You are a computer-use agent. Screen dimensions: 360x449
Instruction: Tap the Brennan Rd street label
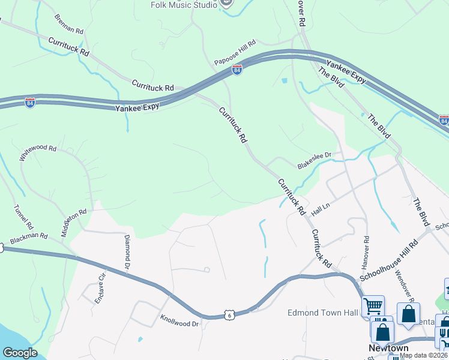pyautogui.click(x=68, y=24)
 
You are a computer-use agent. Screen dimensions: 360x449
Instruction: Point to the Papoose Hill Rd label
pyautogui.click(x=235, y=53)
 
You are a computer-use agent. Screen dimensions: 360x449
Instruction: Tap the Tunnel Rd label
pyautogui.click(x=21, y=220)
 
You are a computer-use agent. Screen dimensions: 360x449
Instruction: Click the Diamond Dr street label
pyautogui.click(x=127, y=251)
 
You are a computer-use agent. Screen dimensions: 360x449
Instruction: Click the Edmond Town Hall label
pyautogui.click(x=323, y=313)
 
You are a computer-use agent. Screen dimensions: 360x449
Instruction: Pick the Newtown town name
pyautogui.click(x=388, y=349)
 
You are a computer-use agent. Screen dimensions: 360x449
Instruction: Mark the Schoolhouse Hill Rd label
pyautogui.click(x=388, y=262)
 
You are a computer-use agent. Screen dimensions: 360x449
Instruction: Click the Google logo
pyautogui.click(x=20, y=353)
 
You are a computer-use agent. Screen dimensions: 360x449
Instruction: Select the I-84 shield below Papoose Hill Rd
pyautogui.click(x=237, y=70)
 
